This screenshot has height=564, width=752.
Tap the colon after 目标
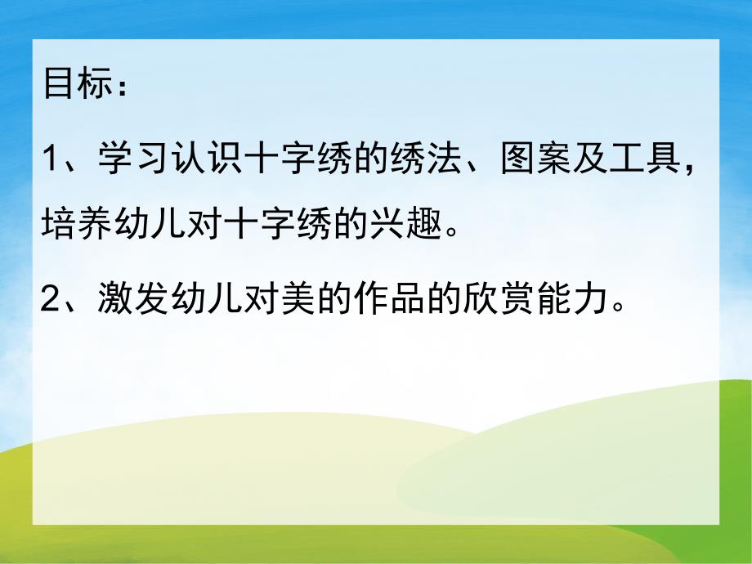[121, 87]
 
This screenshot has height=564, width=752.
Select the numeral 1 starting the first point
[52, 156]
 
